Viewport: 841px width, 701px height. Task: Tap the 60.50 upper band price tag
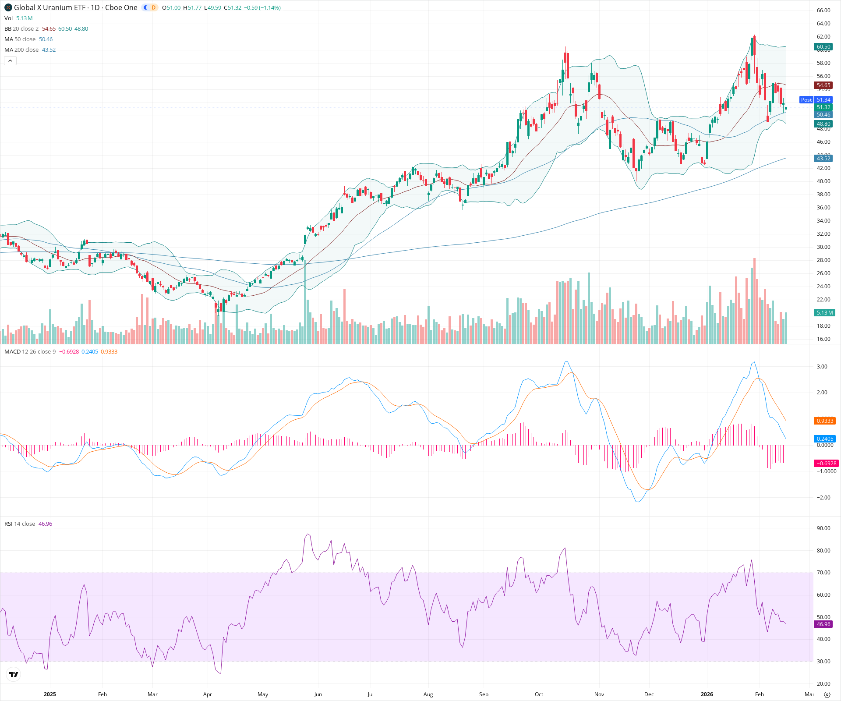click(x=823, y=47)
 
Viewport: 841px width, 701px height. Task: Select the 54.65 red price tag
click(x=823, y=85)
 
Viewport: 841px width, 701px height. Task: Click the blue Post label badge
click(x=806, y=100)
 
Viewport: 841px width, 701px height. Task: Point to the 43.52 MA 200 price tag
click(x=823, y=158)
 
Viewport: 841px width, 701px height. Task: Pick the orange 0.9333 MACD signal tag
click(x=824, y=421)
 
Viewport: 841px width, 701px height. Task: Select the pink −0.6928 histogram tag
click(x=826, y=463)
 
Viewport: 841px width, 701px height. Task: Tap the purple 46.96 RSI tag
click(x=823, y=624)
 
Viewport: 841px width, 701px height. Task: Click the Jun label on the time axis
click(x=318, y=694)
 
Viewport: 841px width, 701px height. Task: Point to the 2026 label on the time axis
click(x=707, y=694)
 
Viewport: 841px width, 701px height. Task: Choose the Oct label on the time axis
click(x=539, y=694)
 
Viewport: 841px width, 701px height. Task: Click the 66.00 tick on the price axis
click(x=823, y=11)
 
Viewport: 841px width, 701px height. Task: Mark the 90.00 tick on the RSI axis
click(x=823, y=528)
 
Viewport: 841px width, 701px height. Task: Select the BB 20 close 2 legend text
click(x=21, y=29)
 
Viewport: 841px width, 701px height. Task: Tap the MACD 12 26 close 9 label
click(x=30, y=352)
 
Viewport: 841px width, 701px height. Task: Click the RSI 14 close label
click(x=20, y=524)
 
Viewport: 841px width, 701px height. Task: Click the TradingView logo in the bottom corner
click(x=14, y=674)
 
